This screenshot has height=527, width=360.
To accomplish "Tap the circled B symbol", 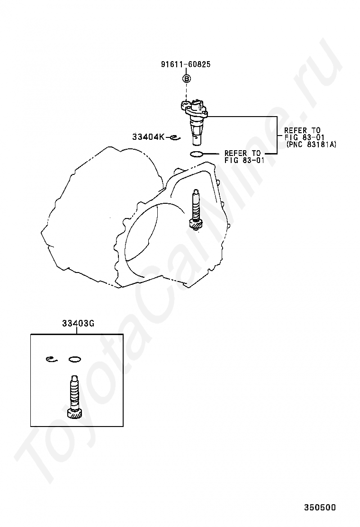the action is (187, 78).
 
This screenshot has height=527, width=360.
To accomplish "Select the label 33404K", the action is (148, 137).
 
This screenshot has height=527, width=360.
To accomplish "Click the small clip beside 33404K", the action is (174, 138).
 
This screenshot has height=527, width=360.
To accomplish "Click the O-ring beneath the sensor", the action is (197, 153).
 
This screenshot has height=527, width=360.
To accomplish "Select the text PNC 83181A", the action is (311, 145).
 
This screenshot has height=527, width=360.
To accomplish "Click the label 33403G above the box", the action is (78, 324).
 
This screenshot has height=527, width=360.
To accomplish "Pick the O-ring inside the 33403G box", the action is (74, 359).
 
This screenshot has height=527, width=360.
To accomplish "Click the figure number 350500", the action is (320, 507).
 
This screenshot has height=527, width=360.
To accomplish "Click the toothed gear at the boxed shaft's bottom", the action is (74, 414).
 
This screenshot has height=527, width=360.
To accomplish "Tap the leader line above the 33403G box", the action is (77, 331).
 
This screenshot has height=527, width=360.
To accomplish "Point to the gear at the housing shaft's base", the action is (195, 225).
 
